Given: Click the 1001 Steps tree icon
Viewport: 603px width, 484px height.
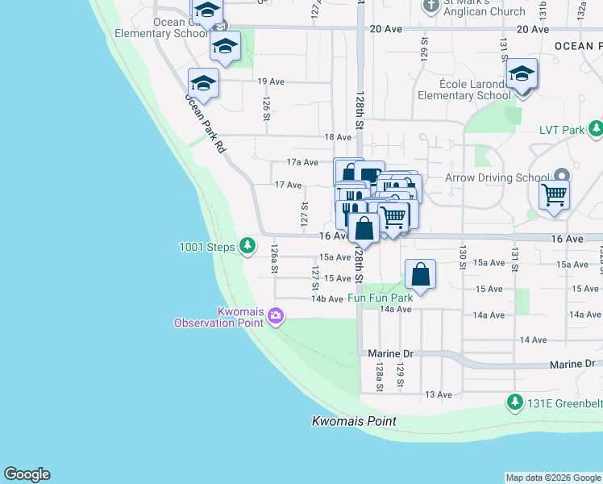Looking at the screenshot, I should [248, 245].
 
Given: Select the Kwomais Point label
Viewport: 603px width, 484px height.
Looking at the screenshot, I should [354, 421].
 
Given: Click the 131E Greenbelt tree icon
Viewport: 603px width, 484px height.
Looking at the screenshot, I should [514, 401].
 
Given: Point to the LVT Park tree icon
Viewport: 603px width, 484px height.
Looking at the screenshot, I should [595, 128].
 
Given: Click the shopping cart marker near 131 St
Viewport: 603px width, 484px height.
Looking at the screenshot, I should [554, 194].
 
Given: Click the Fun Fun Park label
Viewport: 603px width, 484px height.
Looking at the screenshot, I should [381, 298].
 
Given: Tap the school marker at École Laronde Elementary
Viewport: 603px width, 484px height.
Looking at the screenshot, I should [522, 74].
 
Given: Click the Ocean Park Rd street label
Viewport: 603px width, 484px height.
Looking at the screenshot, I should [206, 123].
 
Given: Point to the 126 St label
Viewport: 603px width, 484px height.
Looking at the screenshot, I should [264, 108].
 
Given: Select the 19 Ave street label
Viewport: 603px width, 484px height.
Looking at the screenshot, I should [271, 81].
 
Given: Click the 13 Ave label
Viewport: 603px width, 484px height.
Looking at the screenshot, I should [438, 394].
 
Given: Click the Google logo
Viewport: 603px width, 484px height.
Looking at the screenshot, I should [27, 474].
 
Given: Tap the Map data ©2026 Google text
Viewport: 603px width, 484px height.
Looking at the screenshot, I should [552, 478].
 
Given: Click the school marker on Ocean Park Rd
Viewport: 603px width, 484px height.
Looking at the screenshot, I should [203, 84].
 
